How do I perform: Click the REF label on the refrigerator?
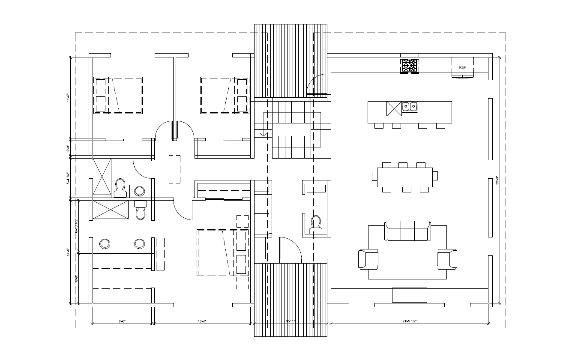pos(462,68)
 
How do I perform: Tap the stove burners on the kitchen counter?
pos(409,66)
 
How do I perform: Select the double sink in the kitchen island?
pos(410,106)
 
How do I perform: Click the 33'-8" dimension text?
pos(497,180)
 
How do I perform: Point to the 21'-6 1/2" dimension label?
pos(410,321)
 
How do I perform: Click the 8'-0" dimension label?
pos(122,321)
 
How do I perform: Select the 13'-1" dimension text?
pos(203,321)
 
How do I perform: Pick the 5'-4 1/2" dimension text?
pos(68,178)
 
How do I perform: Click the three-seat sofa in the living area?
pos(407,231)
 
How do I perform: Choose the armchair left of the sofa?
pos(368,259)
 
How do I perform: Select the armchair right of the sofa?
pos(447,259)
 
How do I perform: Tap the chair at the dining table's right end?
pos(435,176)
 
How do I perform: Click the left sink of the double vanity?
pos(105,244)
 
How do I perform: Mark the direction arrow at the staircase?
pos(263,135)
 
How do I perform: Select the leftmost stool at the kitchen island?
pos(379,126)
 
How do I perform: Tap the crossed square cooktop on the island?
pos(394,109)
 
